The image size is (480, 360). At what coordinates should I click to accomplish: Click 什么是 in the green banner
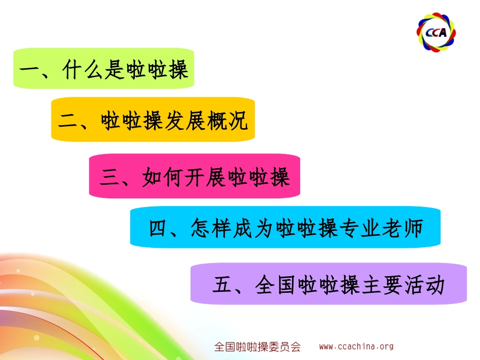[x=93, y=69]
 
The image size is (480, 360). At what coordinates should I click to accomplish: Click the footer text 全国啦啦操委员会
[x=258, y=347]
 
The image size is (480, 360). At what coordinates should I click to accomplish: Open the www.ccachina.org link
[x=356, y=346]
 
